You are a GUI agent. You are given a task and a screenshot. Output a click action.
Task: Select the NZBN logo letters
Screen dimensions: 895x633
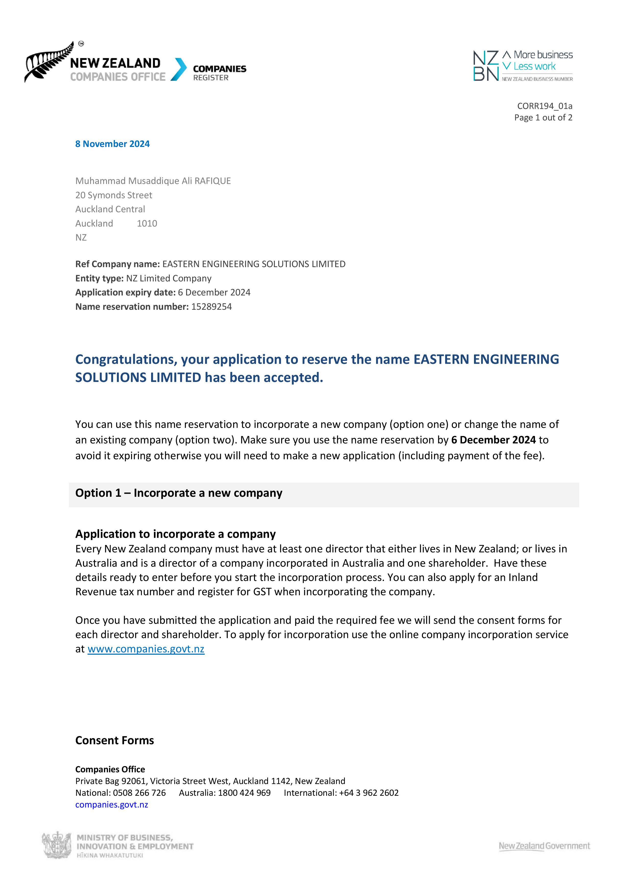(x=485, y=66)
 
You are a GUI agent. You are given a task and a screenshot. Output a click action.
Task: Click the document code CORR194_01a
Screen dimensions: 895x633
(x=544, y=106)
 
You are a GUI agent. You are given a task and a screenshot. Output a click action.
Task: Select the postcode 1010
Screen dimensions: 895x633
(x=147, y=223)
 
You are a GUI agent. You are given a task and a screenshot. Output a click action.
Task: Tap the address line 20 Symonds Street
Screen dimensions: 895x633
(x=114, y=195)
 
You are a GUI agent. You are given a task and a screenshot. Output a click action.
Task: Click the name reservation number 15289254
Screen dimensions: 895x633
(x=211, y=307)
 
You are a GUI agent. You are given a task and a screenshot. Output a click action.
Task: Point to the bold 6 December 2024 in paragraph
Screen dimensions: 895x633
(x=493, y=440)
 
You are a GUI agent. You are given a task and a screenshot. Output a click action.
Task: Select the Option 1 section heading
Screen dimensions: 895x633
(x=179, y=493)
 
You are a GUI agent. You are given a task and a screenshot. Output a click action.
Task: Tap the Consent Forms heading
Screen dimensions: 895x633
(x=114, y=740)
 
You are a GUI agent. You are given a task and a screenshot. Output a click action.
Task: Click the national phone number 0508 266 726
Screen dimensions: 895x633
(x=139, y=793)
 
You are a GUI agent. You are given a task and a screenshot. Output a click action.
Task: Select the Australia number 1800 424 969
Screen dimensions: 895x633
(x=244, y=793)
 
